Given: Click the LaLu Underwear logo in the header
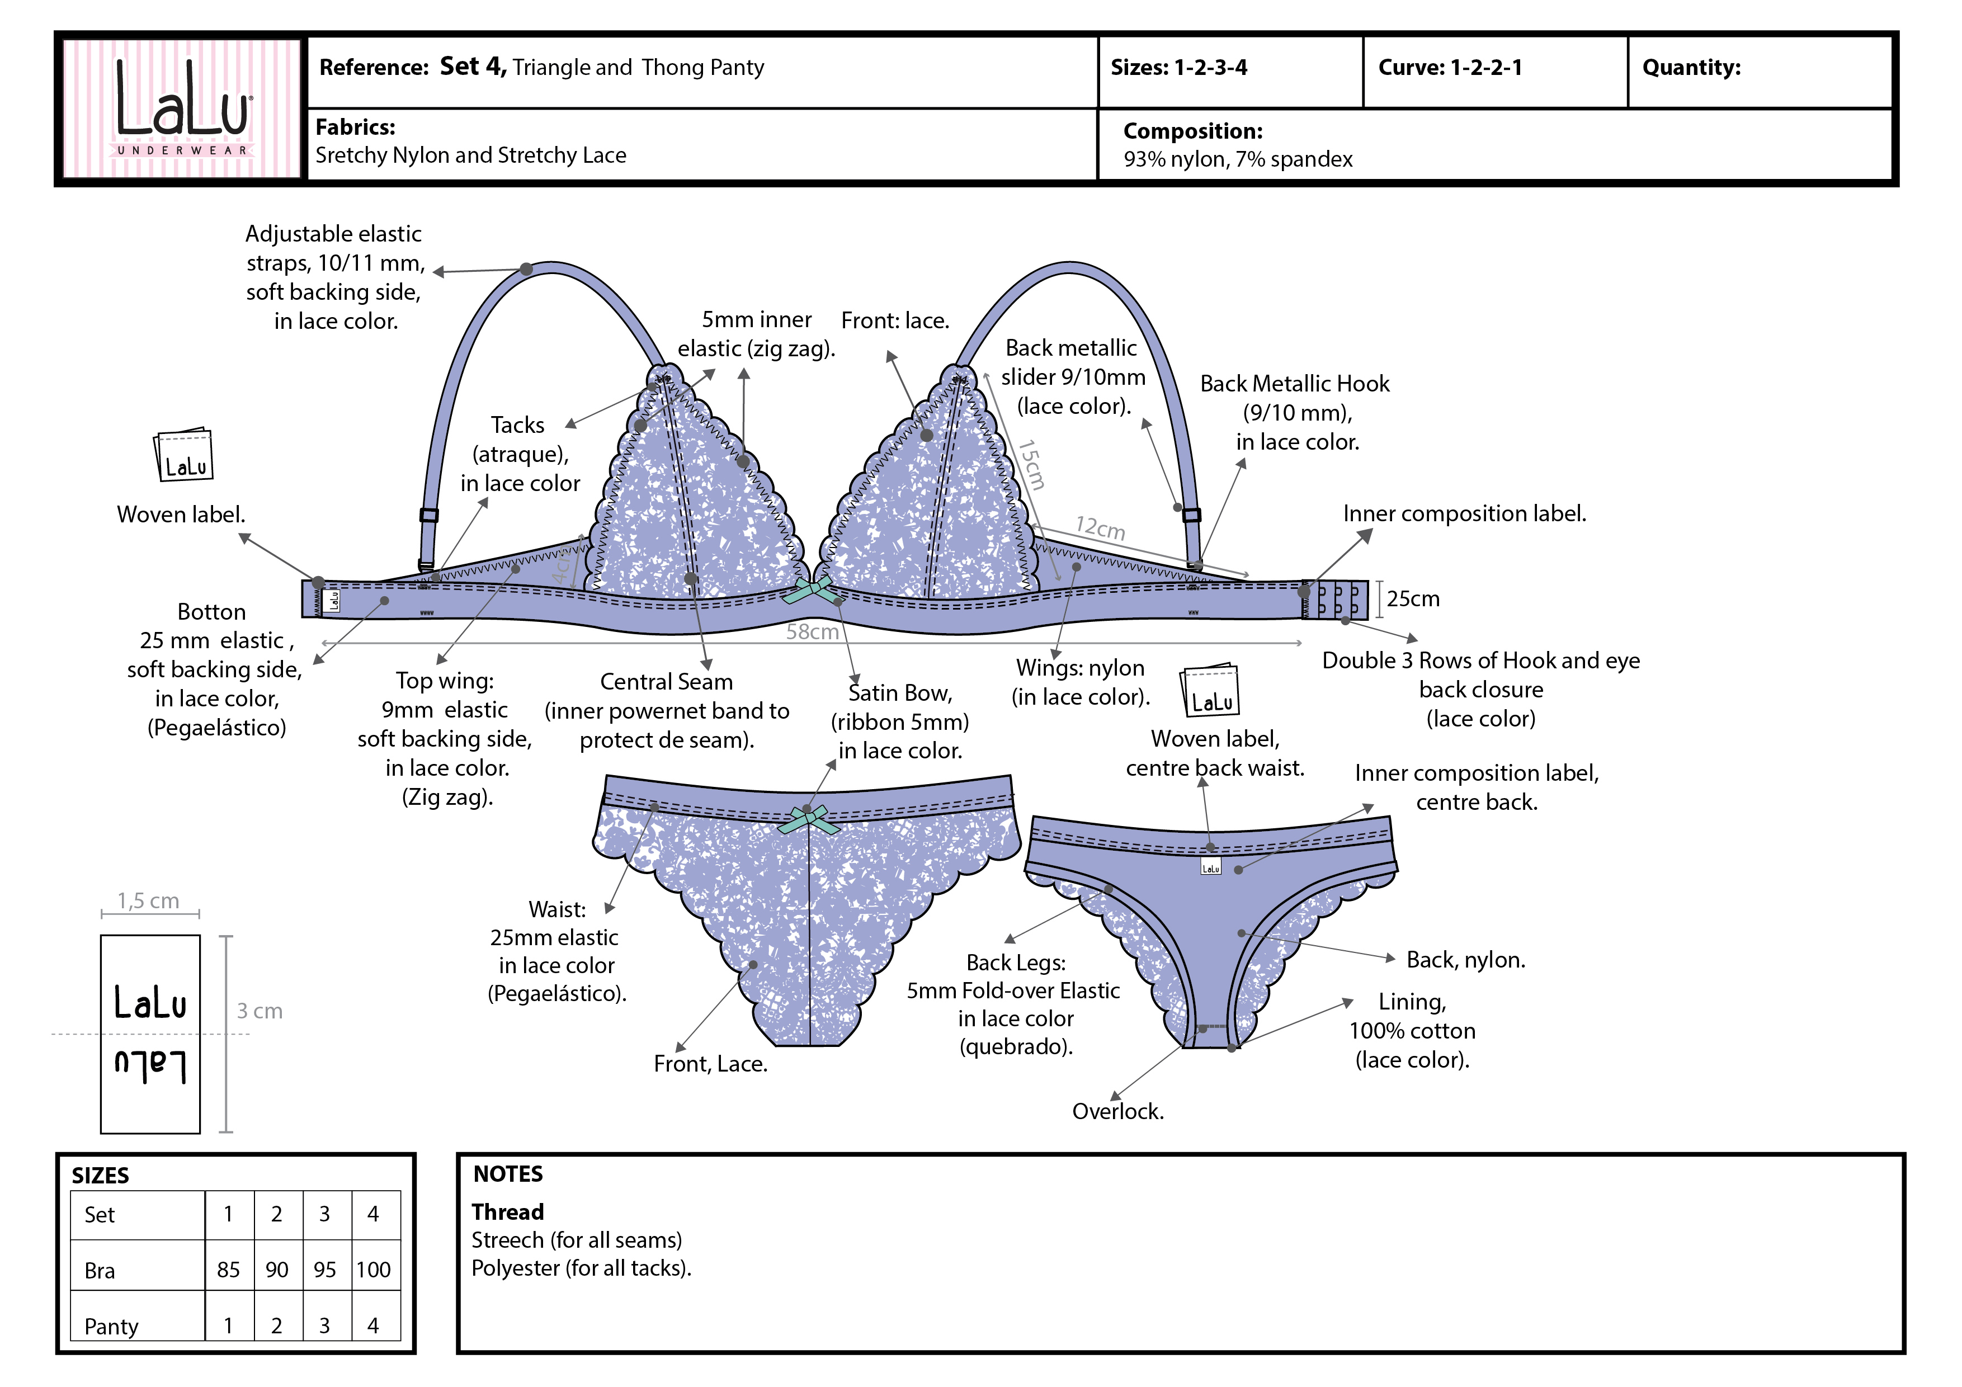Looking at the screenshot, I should (182, 108).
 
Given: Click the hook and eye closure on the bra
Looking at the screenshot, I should (1337, 599).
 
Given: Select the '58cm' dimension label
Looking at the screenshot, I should (812, 631).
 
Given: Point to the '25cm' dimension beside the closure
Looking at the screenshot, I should (1413, 599).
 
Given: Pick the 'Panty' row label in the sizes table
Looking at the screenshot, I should (111, 1325).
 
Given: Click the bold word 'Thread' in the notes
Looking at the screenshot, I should (508, 1212).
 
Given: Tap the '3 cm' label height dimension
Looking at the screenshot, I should (259, 1011).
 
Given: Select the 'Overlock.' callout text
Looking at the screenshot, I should (1117, 1111).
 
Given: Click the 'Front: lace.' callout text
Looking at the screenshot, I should (895, 320).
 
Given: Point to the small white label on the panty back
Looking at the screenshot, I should (1211, 867).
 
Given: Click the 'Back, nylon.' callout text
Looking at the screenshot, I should (1465, 960).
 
